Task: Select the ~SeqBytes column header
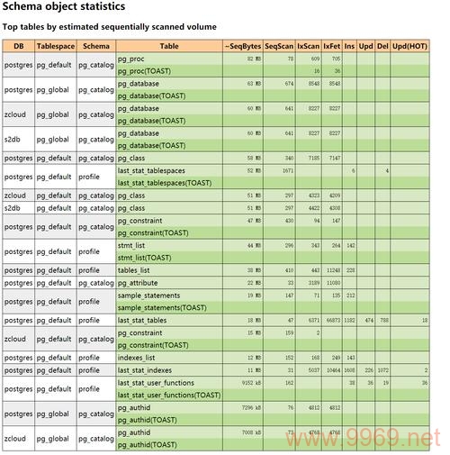[x=242, y=44]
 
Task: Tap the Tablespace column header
[x=55, y=44]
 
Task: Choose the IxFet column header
[x=332, y=44]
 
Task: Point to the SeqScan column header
[x=280, y=44]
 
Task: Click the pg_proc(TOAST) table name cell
[x=147, y=70]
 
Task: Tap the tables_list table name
[x=134, y=269]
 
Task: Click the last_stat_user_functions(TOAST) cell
[x=168, y=394]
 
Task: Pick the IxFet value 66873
[x=332, y=320]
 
